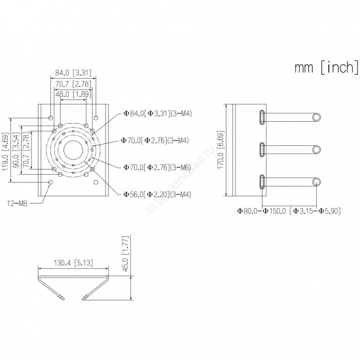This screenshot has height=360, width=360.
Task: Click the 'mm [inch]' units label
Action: [x=326, y=67]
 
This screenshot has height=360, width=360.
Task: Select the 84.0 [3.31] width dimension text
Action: [x=73, y=73]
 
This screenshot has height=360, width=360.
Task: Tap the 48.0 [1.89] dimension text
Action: [x=73, y=94]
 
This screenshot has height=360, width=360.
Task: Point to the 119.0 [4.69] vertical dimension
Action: [x=5, y=151]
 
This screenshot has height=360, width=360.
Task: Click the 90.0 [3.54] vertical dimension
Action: [x=16, y=150]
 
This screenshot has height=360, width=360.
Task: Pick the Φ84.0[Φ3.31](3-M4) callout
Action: [x=158, y=113]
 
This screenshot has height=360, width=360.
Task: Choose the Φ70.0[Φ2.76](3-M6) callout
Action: [x=157, y=167]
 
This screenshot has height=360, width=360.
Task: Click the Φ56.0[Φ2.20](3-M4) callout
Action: [x=157, y=194]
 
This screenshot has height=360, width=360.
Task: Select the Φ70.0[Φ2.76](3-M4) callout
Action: [x=154, y=140]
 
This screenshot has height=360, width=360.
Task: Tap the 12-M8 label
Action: [x=17, y=204]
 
